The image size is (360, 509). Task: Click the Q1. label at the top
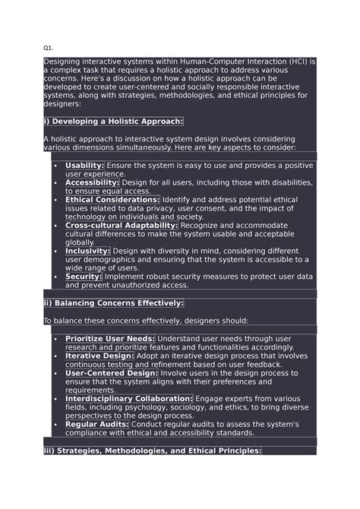(x=49, y=47)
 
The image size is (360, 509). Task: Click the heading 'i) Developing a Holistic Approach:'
(x=113, y=122)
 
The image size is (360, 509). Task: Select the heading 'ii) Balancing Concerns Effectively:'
(x=113, y=303)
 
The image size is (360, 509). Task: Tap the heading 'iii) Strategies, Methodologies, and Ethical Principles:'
(x=152, y=451)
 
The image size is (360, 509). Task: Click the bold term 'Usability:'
(x=85, y=165)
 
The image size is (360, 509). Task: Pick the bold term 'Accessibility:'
(x=92, y=182)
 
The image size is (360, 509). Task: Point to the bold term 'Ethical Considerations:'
(x=112, y=200)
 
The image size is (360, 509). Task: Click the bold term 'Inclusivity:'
(x=87, y=251)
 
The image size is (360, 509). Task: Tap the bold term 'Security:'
(x=84, y=277)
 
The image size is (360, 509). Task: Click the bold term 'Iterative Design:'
(x=99, y=356)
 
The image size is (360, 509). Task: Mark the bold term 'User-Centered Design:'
(x=111, y=373)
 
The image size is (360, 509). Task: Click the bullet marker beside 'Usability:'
(x=55, y=166)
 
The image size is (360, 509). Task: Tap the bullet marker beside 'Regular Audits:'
(x=55, y=425)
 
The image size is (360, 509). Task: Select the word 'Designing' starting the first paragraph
(x=62, y=61)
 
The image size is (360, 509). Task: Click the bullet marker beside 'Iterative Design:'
(x=55, y=356)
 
